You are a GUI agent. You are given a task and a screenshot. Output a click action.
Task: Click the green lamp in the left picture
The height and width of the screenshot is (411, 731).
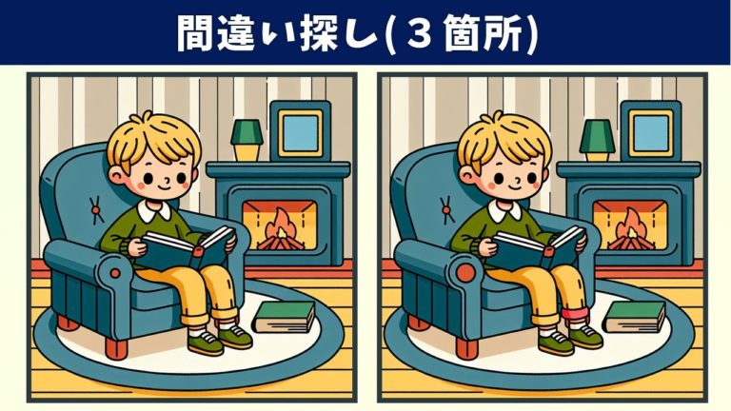pos(247,140)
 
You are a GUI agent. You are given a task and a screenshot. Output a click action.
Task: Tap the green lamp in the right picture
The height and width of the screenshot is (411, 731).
pos(597,140)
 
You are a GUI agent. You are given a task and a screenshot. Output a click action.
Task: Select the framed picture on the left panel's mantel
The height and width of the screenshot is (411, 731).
pos(301,130)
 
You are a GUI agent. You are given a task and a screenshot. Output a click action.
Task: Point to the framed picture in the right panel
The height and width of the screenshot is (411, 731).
pos(651,130)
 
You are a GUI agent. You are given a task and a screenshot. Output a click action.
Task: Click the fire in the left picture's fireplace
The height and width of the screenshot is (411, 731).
pos(281,229)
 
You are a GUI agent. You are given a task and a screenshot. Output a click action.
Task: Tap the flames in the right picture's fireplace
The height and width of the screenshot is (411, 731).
pos(631,229)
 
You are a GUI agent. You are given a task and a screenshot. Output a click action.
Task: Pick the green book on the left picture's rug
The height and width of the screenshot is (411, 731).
pos(284,318)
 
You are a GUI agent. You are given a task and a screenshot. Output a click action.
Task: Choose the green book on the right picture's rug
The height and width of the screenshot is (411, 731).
pos(635,318)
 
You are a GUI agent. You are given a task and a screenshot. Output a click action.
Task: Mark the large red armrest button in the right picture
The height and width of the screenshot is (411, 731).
pos(465,273)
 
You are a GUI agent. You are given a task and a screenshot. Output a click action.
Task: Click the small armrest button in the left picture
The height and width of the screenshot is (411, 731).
pos(114,274)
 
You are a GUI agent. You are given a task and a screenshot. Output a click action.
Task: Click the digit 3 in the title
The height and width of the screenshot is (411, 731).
pos(421,33)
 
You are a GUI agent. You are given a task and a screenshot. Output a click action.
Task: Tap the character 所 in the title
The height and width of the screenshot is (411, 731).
pos(505,33)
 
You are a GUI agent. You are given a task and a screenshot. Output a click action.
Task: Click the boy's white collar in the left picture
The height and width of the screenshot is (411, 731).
pos(154,210)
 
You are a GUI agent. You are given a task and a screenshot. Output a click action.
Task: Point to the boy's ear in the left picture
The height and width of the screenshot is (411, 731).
pos(116,177)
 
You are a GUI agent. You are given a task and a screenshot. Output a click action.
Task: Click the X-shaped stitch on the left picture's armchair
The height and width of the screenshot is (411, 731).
pos(95,209)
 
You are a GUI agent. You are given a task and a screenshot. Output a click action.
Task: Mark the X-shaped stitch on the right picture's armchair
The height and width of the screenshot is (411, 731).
pos(446,209)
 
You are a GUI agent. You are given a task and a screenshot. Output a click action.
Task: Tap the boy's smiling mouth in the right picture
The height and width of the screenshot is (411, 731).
pos(515,186)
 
